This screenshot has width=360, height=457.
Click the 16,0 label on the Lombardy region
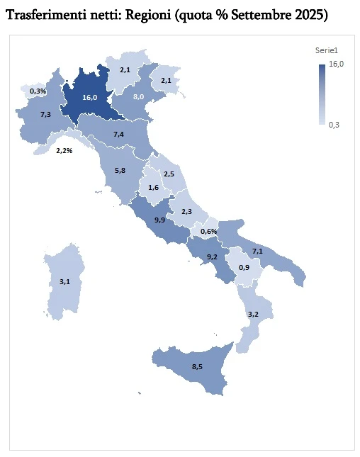(89, 98)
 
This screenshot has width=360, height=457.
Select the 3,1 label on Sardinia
(64, 281)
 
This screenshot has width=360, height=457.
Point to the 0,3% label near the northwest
(38, 91)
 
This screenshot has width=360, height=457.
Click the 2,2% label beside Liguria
(65, 150)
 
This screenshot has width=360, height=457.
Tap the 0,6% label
(208, 232)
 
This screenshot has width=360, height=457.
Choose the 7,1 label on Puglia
(258, 251)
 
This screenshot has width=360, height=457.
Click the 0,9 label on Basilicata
(244, 267)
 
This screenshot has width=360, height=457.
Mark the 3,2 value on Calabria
(253, 313)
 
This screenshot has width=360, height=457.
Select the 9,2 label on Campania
(212, 256)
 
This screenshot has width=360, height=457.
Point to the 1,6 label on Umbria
(154, 187)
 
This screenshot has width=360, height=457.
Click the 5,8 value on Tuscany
(120, 171)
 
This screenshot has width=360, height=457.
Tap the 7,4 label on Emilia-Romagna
(119, 134)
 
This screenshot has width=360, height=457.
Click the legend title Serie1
(325, 50)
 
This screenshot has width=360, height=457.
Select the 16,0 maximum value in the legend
(337, 64)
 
